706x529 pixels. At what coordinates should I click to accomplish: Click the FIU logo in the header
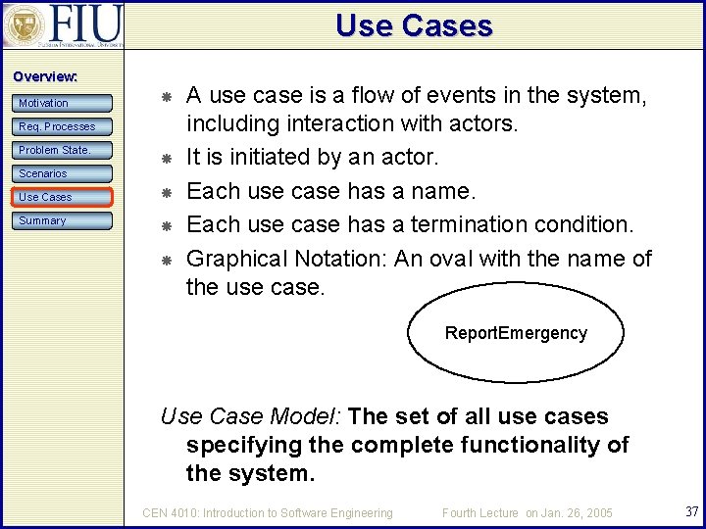pyautogui.click(x=63, y=24)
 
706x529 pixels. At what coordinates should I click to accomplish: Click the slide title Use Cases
pyautogui.click(x=414, y=25)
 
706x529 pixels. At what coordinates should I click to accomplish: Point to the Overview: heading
pyautogui.click(x=45, y=76)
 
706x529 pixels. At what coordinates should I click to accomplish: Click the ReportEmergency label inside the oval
pyautogui.click(x=516, y=333)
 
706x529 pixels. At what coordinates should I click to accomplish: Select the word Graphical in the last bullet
pyautogui.click(x=230, y=259)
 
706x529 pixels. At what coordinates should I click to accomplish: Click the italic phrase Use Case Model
pyautogui.click(x=248, y=416)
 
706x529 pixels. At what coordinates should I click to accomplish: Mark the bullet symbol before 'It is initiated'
pyautogui.click(x=167, y=158)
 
